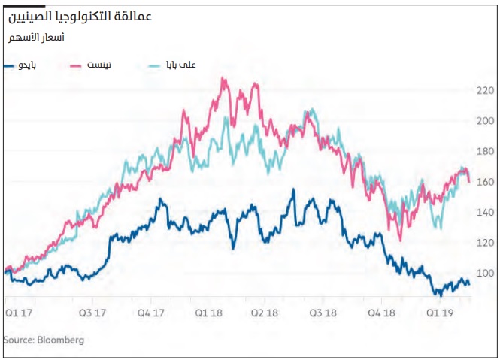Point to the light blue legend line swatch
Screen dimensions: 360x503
pos(156,66)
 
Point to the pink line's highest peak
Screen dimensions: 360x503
pos(223,78)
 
